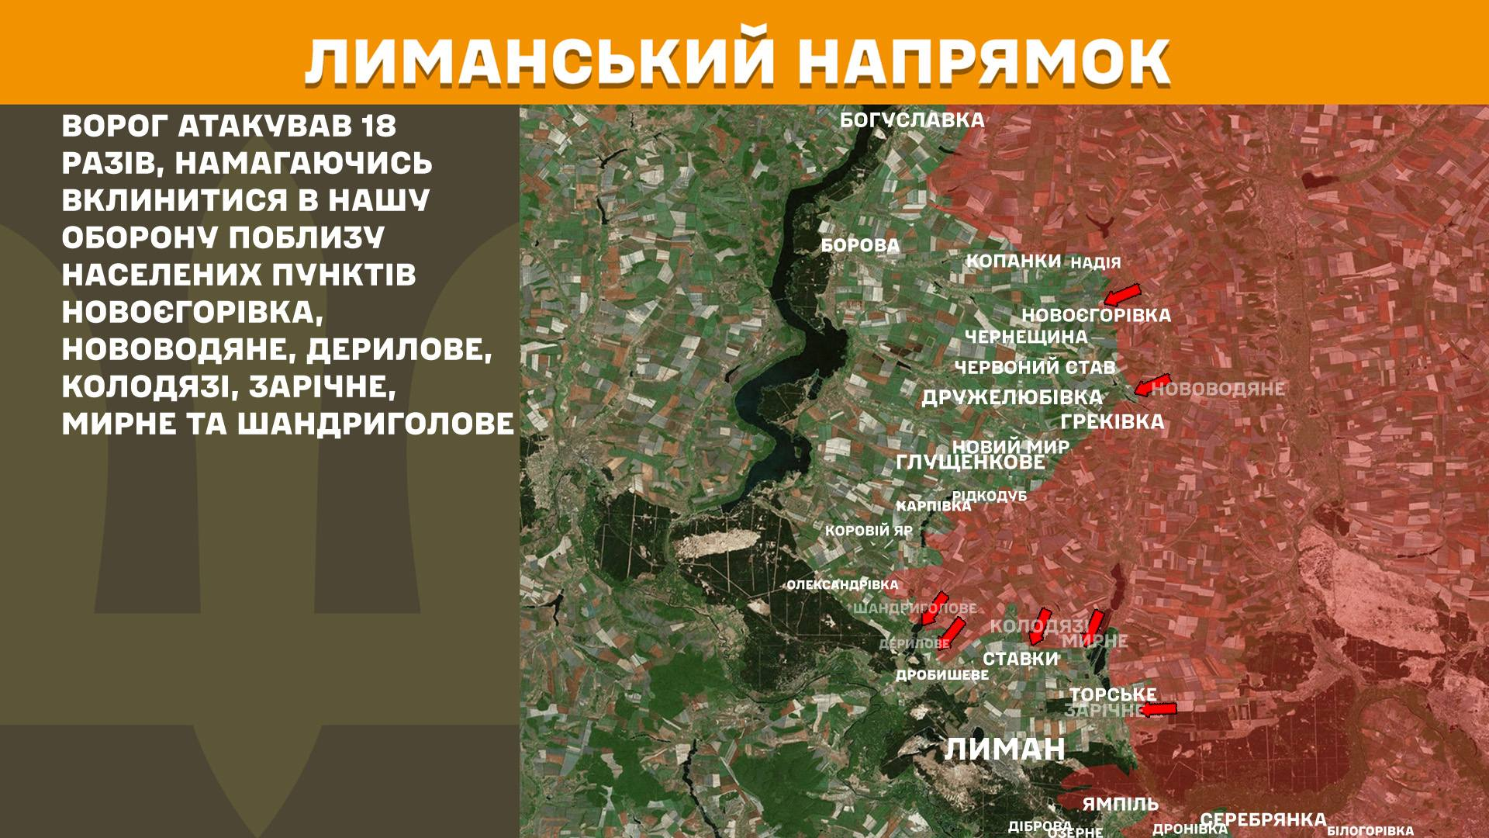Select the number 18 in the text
point(378,126)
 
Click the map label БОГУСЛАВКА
point(912,120)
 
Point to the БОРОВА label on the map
point(860,246)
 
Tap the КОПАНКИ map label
point(1013,261)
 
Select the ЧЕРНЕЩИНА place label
point(1026,337)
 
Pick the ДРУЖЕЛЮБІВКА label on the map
point(1011,397)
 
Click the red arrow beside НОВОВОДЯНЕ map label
point(1152,386)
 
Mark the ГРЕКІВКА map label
point(1112,422)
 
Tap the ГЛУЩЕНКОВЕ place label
point(970,462)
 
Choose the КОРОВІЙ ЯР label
point(869,532)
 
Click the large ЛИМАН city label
point(1004,750)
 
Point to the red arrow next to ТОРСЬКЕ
point(1159,709)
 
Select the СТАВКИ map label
point(1021,659)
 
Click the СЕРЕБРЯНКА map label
point(1263,820)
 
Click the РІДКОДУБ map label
point(990,496)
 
